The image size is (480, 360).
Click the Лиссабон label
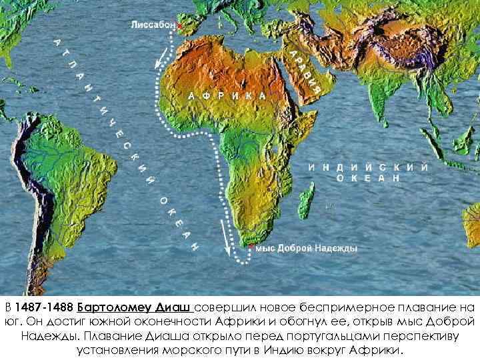click(152, 25)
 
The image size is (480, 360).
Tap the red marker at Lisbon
click(179, 27)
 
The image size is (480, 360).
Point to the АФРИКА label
click(227, 95)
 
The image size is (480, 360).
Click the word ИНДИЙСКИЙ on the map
click(368, 167)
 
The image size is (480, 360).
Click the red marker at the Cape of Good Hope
click(250, 247)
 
